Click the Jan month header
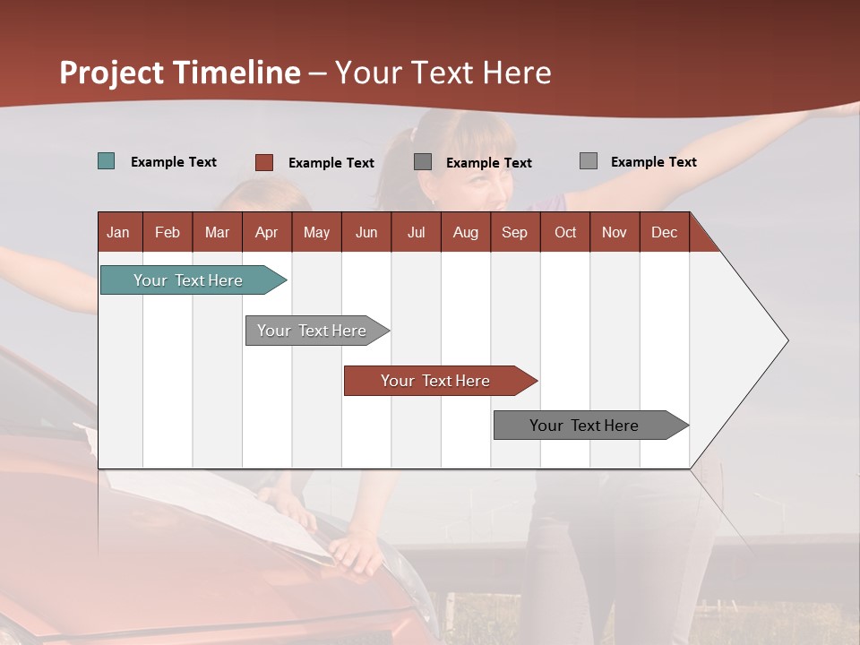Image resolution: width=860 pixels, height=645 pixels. coord(118,232)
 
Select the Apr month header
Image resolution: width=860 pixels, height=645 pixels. coord(266,232)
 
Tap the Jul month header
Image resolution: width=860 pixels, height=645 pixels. coord(416,232)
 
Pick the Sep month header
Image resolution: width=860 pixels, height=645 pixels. coord(514,232)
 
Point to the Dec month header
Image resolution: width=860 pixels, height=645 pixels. coord(664,232)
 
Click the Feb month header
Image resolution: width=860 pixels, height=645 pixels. coord(168,232)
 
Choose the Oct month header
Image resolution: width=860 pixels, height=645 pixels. coord(565,232)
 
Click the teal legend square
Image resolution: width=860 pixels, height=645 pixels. coord(106,161)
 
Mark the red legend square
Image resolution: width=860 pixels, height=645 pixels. coord(263,162)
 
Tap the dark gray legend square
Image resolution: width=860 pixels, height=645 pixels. coord(423,161)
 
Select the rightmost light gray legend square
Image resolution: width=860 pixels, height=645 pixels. coord(588,161)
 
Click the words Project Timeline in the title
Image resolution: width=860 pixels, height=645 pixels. coord(180,73)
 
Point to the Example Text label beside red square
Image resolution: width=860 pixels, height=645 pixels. coord(331,163)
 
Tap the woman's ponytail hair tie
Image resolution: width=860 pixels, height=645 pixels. coord(413,134)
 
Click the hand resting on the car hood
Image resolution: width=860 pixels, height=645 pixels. coord(357,547)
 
